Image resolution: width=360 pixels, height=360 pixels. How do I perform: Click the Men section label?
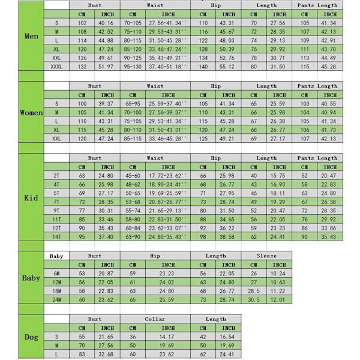coord(31,37)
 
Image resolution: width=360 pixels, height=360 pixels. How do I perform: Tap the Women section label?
coord(31,113)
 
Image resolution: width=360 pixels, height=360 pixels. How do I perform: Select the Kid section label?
coord(31,198)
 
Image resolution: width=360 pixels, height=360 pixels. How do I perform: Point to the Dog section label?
coord(31,337)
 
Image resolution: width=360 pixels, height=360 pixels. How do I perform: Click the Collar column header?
coord(155,319)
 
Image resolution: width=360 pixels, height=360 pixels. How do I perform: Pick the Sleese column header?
coord(266,256)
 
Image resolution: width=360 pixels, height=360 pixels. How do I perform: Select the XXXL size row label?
coord(56,67)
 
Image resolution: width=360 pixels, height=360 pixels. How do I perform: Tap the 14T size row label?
coord(56,236)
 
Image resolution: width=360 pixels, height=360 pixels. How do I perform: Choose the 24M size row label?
coord(56,299)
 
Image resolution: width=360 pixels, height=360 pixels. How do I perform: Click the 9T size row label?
coord(56,211)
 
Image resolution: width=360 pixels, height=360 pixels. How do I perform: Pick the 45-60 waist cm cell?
coord(133,176)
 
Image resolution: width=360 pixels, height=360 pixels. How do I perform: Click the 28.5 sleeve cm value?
coord(254,290)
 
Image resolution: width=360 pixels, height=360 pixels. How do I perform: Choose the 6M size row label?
coord(56,273)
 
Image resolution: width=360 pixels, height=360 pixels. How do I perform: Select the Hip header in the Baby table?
coord(155,256)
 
